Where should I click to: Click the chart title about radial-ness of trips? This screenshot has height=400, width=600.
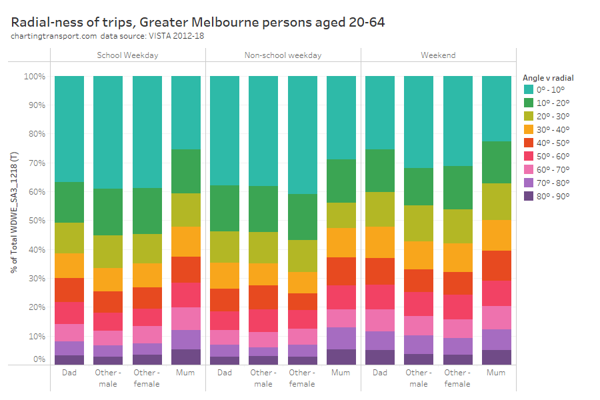click(198, 22)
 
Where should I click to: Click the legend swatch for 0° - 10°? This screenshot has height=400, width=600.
click(528, 89)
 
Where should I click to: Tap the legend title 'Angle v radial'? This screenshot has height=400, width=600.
click(548, 77)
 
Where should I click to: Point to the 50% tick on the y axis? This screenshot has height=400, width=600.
click(35, 221)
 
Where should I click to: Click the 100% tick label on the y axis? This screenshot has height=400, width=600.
click(34, 77)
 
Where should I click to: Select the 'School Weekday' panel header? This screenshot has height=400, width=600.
click(127, 55)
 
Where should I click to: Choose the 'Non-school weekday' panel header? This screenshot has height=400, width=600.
click(283, 55)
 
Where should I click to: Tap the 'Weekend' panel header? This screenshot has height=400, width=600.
click(438, 55)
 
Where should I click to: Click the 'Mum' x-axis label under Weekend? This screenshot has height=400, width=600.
click(496, 373)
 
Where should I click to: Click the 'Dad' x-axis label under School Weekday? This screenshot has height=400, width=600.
click(69, 373)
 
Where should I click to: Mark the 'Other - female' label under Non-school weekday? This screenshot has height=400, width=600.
click(302, 378)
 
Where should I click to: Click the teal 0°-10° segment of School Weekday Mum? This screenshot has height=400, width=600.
click(186, 113)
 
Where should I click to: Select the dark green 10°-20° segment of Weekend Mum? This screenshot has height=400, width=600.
click(496, 162)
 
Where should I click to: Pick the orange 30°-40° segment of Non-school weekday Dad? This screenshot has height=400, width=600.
click(225, 275)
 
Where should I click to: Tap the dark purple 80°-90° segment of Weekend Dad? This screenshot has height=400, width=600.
click(380, 357)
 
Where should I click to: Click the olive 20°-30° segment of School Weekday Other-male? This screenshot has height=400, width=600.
click(108, 251)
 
